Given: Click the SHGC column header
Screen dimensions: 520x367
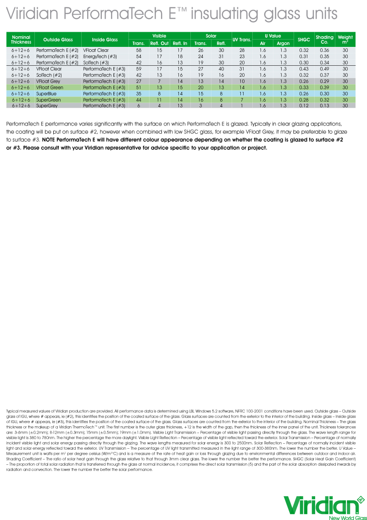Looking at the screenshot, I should pos(304,40).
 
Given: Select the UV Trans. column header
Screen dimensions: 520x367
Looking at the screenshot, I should pos(242,40).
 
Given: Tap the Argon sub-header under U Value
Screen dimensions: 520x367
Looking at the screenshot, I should pos(283,43).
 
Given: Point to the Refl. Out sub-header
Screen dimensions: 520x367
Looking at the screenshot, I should pos(160,43).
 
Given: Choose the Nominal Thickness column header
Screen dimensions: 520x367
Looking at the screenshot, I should pos(21,40).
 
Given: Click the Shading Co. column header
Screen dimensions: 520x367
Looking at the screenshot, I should pos(325,40).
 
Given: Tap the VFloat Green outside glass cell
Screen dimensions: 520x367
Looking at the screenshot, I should pos(50,87).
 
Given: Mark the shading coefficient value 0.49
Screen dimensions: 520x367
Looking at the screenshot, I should pos(325,69).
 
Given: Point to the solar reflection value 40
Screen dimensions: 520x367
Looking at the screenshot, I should pos(221,69).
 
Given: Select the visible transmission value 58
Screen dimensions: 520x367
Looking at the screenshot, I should pos(139,50).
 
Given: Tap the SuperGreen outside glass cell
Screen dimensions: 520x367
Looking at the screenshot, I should pos(49,100).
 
